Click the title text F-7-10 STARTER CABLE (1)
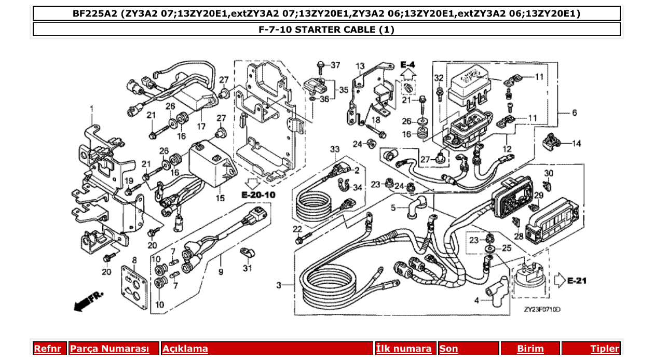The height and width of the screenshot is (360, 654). pos(326,30)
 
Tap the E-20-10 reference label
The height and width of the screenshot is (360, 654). pos(258,195)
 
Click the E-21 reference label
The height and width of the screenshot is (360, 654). pos(576,281)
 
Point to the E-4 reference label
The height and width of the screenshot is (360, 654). pos(408,65)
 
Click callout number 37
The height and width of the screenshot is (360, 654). pos(335,65)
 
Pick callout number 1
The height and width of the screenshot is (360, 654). pos(92,109)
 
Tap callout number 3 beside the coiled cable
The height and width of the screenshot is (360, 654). pos(279,285)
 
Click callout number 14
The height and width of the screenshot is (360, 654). pos(577,143)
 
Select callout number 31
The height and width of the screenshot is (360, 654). pos(247,268)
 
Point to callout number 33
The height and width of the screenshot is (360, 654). pos(335,150)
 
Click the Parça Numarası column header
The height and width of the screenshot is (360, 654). pos(110,349)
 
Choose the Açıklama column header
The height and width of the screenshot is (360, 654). pos(185,349)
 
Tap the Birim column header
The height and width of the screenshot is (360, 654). pos(530,349)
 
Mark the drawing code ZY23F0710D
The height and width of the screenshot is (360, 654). pos(542,310)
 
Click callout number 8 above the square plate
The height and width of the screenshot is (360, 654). pos(134,260)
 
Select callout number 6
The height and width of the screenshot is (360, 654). pos(574,113)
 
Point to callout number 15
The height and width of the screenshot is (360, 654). pos(221,198)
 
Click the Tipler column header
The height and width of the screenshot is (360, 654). pos(605,349)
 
